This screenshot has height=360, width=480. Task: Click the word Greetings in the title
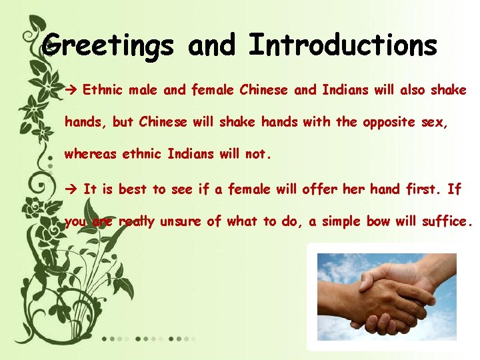point(110,47)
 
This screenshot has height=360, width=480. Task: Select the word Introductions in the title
point(343,45)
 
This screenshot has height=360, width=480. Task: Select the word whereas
point(90,155)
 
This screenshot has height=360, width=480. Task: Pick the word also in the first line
point(408,90)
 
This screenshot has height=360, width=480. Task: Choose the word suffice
point(447,221)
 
